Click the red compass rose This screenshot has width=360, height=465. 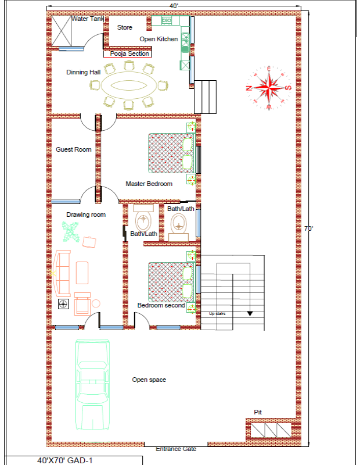click(269, 88)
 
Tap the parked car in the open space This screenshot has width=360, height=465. click(92, 385)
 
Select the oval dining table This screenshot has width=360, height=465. click(129, 85)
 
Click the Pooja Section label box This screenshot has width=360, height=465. click(127, 54)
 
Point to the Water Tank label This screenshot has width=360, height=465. click(88, 19)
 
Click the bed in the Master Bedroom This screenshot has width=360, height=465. click(171, 153)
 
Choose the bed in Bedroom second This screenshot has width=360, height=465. click(171, 282)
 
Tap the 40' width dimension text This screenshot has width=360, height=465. click(174, 6)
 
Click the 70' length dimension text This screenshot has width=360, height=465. click(309, 228)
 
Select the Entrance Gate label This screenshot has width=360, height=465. click(176, 449)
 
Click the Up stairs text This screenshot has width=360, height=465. click(217, 313)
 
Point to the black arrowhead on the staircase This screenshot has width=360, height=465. click(250, 313)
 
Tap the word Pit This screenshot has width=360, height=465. click(258, 412)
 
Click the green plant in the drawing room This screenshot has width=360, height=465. click(70, 231)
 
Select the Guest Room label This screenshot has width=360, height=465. click(74, 149)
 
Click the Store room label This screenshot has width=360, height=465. click(125, 27)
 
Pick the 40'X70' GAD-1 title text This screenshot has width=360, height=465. click(65, 460)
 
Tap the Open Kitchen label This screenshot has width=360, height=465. click(159, 39)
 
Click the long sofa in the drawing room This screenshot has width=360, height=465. click(62, 273)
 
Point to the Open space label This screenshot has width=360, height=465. click(149, 380)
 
